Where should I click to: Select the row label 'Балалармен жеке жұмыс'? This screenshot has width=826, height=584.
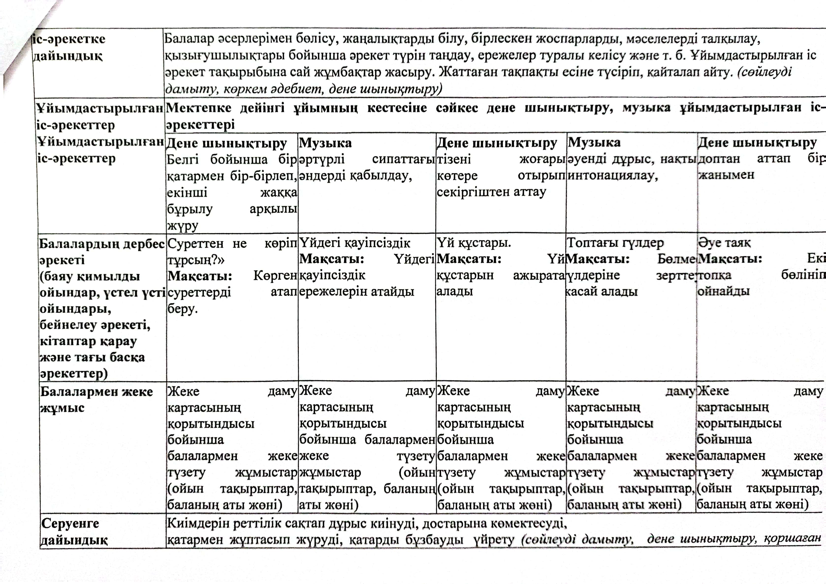[x=96, y=399]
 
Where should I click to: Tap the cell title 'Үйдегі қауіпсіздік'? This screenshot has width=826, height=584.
[x=355, y=243]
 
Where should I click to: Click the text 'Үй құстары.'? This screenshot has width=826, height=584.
[x=474, y=243]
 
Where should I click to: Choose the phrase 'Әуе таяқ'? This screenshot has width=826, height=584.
[x=724, y=243]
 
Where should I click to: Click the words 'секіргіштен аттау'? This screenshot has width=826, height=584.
[x=491, y=192]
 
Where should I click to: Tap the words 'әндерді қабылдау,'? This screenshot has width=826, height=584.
[x=355, y=176]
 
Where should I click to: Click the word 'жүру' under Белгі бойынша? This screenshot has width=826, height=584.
[x=182, y=226]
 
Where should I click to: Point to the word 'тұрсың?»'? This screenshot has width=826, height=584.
[x=196, y=260]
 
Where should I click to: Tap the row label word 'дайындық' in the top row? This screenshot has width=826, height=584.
[x=68, y=56]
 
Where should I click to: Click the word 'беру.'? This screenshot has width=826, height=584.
[x=182, y=308]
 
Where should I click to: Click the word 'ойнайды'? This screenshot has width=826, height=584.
[x=723, y=291]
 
